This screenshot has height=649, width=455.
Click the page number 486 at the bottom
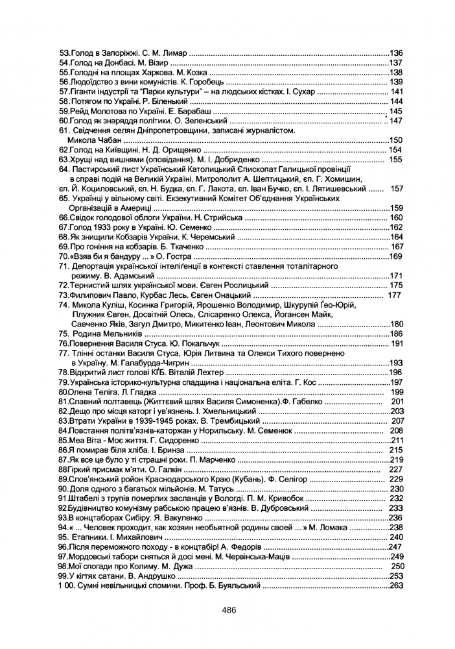coord(227,609)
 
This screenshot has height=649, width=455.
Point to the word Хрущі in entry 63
coord(82,160)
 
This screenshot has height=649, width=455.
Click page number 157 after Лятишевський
coord(397,189)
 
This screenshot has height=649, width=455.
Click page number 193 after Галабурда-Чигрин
coord(396,363)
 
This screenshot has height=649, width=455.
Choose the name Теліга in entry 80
coord(95,392)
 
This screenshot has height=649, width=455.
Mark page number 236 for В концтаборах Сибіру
coord(396,518)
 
